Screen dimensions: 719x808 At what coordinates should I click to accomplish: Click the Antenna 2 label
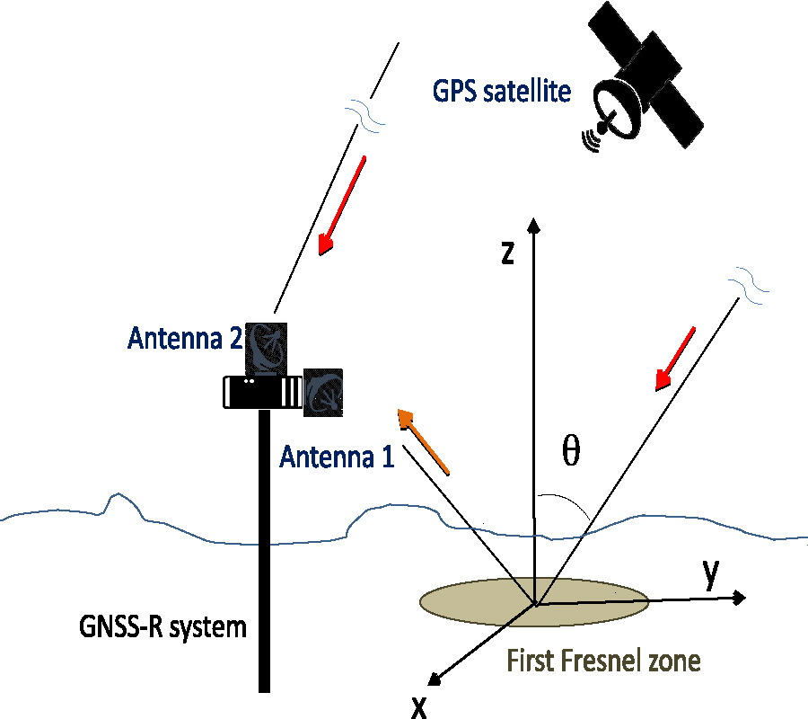click(x=184, y=338)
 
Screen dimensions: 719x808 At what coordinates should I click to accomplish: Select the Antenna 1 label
click(x=337, y=457)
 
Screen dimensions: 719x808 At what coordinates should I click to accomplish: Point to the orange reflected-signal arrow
click(x=423, y=440)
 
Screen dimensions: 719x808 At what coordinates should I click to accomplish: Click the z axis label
click(x=507, y=253)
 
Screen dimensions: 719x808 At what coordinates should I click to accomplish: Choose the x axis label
click(x=418, y=707)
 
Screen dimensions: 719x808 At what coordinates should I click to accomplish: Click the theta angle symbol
click(x=570, y=453)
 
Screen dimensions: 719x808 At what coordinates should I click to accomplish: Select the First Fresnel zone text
click(x=603, y=661)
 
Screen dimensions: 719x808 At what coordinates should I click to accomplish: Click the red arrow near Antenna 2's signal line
click(x=342, y=206)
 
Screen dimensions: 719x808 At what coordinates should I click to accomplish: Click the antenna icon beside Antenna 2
click(x=267, y=348)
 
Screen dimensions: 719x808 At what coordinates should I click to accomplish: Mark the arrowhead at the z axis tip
click(x=534, y=224)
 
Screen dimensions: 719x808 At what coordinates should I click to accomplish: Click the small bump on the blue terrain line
click(x=115, y=500)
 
